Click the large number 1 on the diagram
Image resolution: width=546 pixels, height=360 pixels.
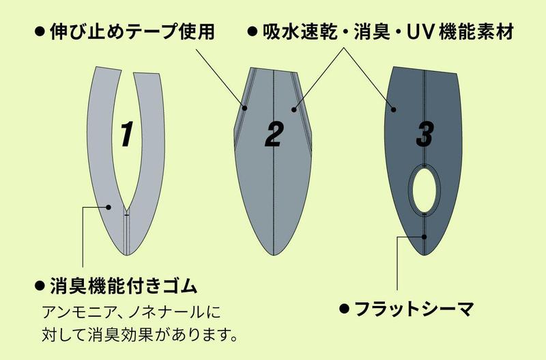click(x=127, y=134)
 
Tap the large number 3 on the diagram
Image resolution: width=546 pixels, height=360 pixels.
click(x=425, y=134)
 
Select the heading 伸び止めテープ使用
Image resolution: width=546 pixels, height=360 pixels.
click(x=132, y=32)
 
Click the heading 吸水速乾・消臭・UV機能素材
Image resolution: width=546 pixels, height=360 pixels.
click(x=388, y=32)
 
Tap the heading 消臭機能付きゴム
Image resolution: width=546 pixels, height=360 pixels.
click(x=124, y=286)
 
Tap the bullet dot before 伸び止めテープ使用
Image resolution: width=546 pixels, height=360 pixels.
click(x=40, y=32)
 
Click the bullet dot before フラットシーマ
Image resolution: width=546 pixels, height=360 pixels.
click(x=345, y=309)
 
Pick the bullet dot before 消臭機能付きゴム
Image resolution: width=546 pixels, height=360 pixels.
click(x=40, y=286)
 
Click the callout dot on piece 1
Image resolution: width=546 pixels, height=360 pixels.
click(x=109, y=208)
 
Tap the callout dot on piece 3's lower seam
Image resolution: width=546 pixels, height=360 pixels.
click(x=424, y=237)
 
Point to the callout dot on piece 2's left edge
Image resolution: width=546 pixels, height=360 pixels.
click(x=245, y=109)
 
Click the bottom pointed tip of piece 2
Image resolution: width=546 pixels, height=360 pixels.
click(x=274, y=255)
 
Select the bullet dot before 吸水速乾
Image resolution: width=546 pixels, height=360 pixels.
click(x=253, y=32)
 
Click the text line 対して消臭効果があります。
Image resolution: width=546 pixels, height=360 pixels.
click(x=140, y=335)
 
